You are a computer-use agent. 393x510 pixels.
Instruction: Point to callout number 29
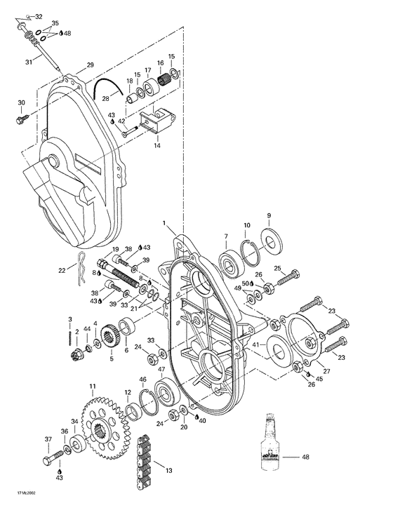[90, 65]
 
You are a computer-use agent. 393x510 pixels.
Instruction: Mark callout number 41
[256, 345]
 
